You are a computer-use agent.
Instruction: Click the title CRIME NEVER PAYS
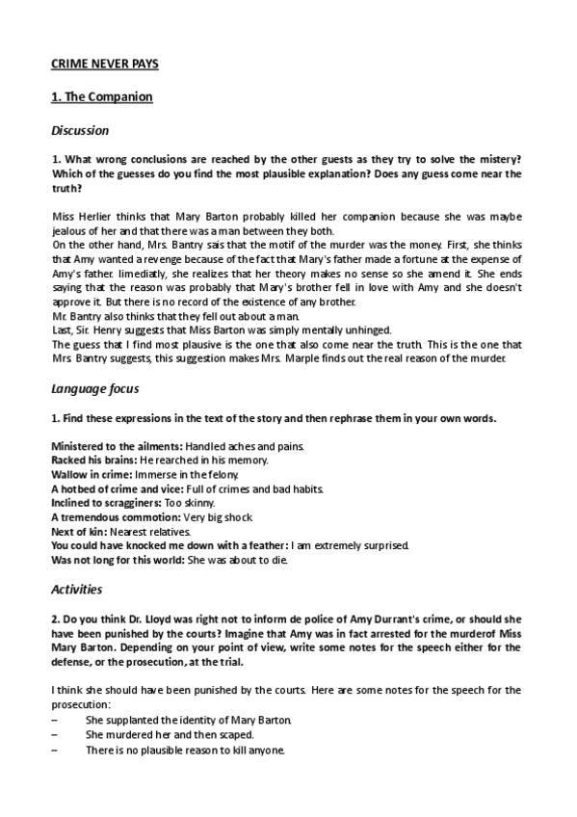pyautogui.click(x=104, y=64)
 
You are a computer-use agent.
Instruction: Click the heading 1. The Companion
pyautogui.click(x=100, y=97)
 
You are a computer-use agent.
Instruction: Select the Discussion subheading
pyautogui.click(x=79, y=130)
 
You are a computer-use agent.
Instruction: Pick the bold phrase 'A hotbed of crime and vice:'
pyautogui.click(x=115, y=488)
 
